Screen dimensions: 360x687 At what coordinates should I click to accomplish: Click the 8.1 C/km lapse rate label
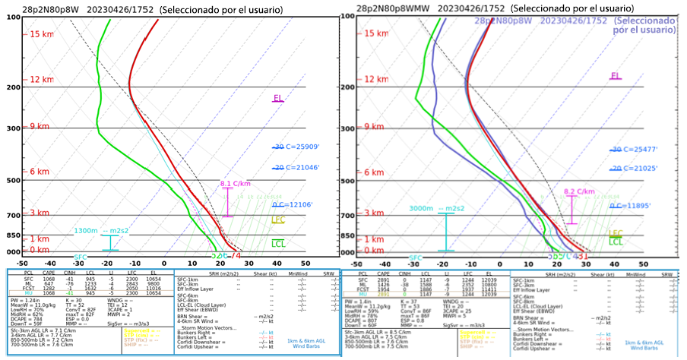[236, 184]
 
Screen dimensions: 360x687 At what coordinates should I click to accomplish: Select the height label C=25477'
[640, 150]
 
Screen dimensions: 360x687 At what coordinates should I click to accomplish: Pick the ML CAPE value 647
[47, 283]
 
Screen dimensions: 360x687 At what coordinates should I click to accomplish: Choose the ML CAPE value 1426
[386, 285]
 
